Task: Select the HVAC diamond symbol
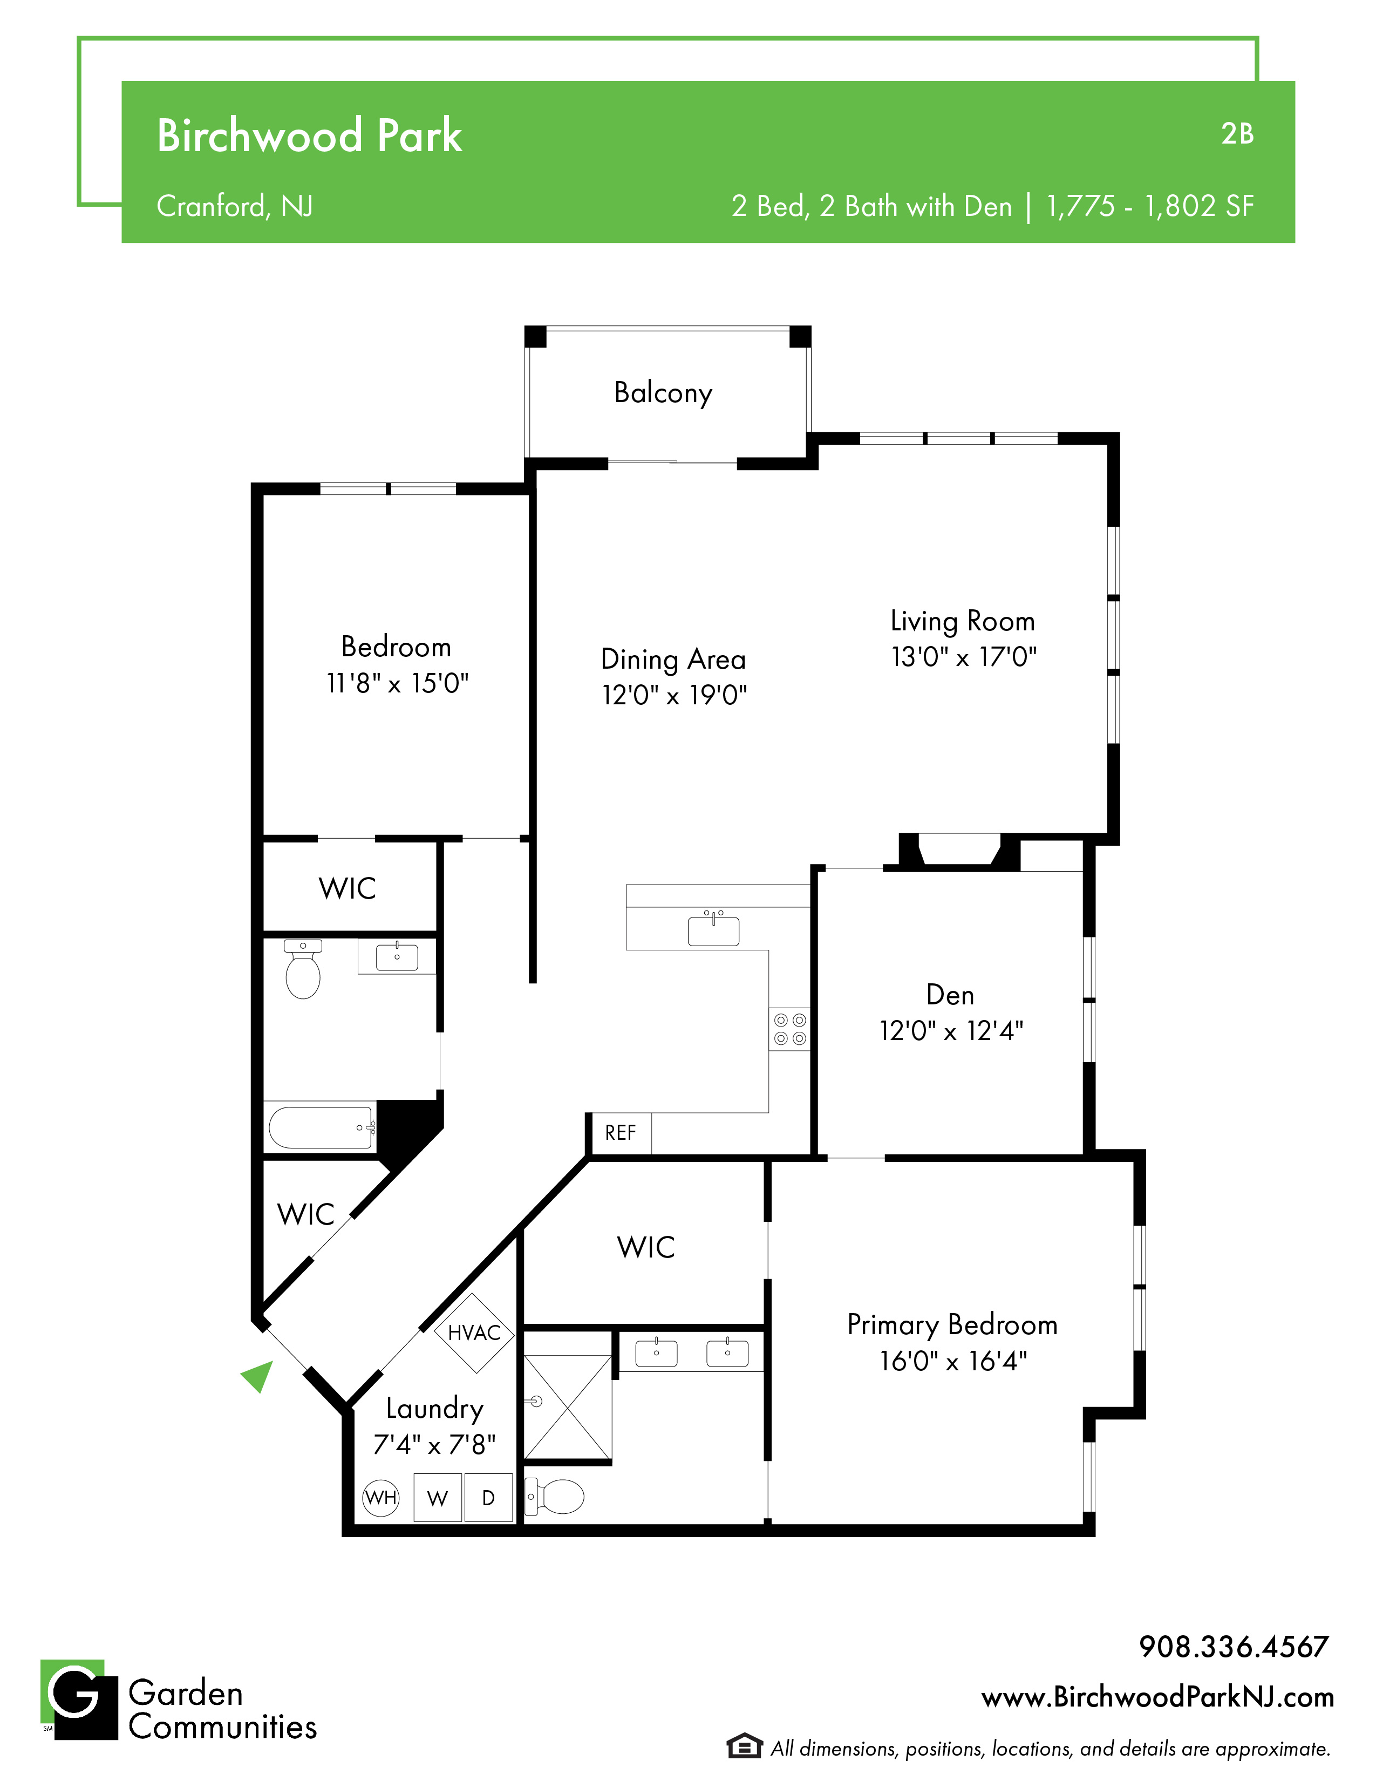pos(474,1333)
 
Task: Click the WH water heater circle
pos(380,1497)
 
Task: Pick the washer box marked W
pos(438,1497)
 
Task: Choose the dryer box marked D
pos(488,1497)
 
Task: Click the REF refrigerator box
pos(621,1133)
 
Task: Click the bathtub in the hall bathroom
pos(322,1128)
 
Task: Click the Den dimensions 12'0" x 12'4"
pos(950,1031)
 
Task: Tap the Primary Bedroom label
pos(952,1324)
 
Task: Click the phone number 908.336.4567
pos(1234,1647)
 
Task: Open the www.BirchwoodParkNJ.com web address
pos(1157,1697)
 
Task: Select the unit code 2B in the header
pos(1237,134)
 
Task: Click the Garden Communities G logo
pos(79,1700)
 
